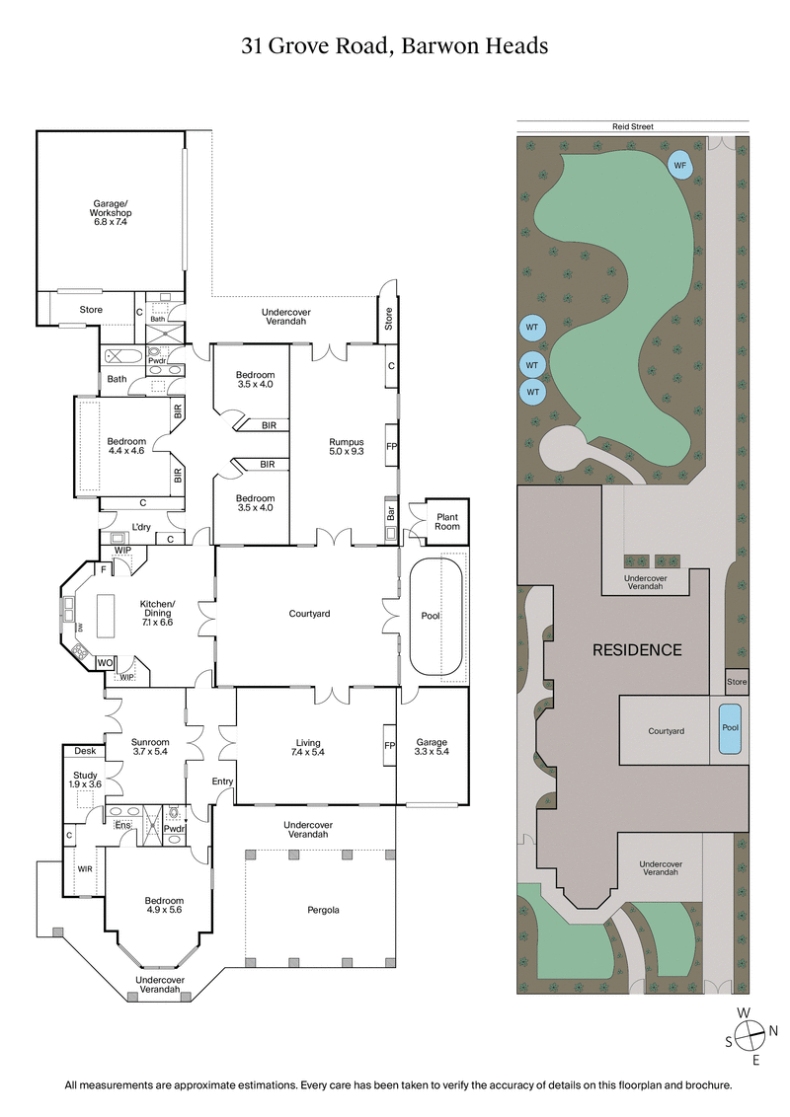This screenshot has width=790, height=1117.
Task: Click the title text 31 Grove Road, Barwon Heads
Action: coord(395,45)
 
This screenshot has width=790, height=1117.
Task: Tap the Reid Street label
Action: coord(632,126)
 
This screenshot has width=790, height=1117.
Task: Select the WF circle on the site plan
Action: coord(679,165)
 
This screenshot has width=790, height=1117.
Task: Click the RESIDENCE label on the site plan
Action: coord(637,649)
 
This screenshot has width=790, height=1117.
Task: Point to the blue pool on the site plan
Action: coord(731,728)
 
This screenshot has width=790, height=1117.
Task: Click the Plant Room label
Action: coord(446,521)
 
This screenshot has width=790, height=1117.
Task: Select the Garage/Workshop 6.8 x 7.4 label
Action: coord(111,213)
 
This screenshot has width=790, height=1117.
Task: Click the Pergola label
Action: coord(323,909)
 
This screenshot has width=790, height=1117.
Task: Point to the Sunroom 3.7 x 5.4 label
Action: coord(151,747)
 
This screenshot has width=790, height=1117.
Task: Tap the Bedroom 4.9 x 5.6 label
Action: coord(164,906)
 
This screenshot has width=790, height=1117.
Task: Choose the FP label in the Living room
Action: coord(389,747)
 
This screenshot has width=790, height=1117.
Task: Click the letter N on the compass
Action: coord(773,1031)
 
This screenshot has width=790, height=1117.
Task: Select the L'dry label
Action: coord(141,526)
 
